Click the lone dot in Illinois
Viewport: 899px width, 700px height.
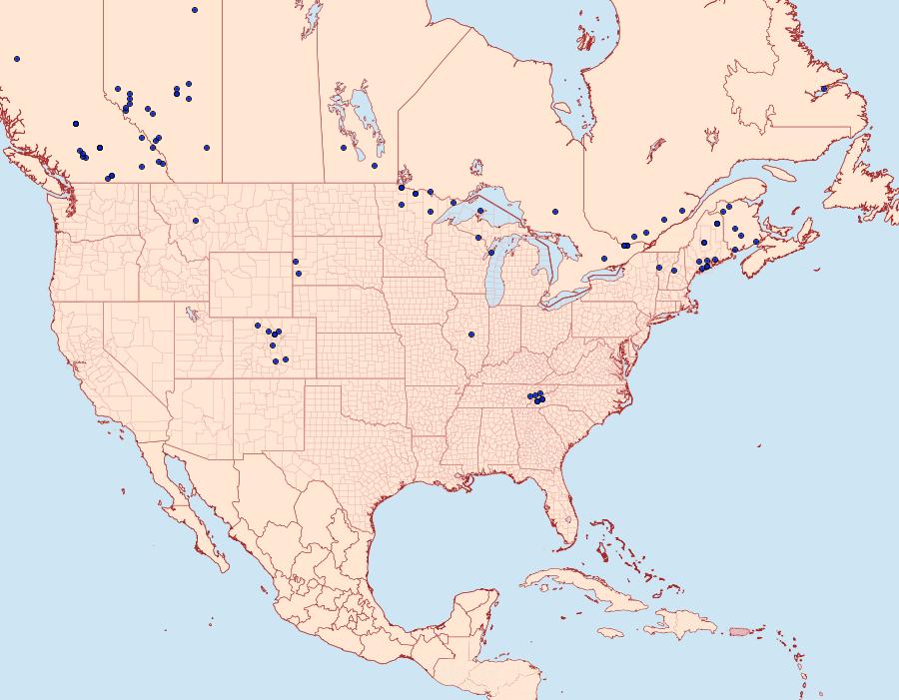pyautogui.click(x=470, y=334)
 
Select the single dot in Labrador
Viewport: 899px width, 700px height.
pyautogui.click(x=823, y=89)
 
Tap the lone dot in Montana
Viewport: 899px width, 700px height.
pyautogui.click(x=196, y=221)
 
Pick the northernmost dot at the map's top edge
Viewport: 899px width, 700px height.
pyautogui.click(x=195, y=10)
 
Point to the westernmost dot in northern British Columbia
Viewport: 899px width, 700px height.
pyautogui.click(x=17, y=59)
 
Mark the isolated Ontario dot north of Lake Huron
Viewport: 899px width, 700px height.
pyautogui.click(x=554, y=211)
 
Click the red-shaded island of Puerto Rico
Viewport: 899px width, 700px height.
pyautogui.click(x=739, y=630)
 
